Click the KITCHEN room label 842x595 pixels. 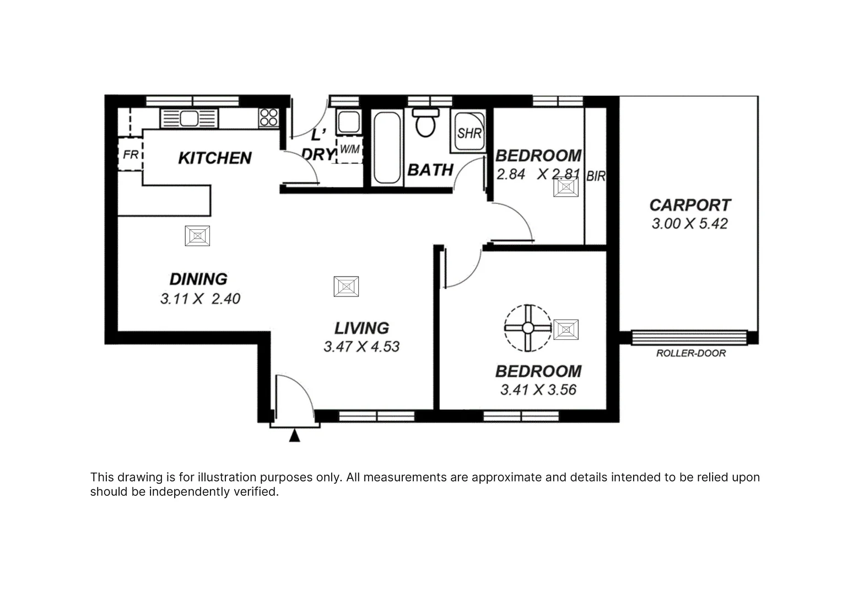click(x=214, y=158)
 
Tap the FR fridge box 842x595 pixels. click(x=131, y=155)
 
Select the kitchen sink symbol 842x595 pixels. click(x=189, y=118)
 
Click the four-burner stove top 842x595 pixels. click(x=269, y=117)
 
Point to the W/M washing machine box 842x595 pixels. click(x=349, y=150)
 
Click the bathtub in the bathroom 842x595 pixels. click(x=387, y=148)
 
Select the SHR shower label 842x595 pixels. click(x=469, y=133)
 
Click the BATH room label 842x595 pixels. click(x=430, y=170)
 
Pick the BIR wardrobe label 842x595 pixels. click(x=596, y=176)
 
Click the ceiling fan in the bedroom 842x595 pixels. click(x=528, y=328)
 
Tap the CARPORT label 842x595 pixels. click(x=690, y=205)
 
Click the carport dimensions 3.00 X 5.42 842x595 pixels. click(x=689, y=224)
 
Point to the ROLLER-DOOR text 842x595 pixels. click(x=690, y=353)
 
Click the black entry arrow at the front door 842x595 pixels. click(x=295, y=436)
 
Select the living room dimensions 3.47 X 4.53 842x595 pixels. click(x=361, y=347)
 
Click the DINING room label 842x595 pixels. click(x=198, y=279)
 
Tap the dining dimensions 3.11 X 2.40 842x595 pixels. click(x=200, y=299)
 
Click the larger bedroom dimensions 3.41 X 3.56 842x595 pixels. click(x=538, y=390)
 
